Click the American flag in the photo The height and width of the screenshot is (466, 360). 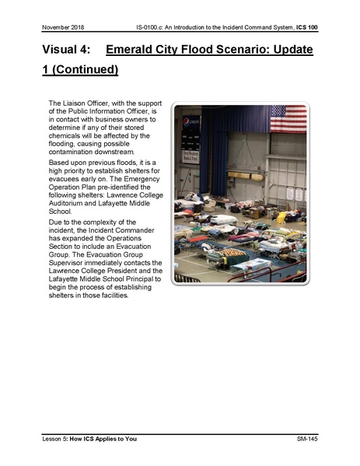tap(288, 119)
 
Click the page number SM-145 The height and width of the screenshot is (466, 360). tap(308, 440)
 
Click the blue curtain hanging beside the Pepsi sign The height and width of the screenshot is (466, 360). tap(225, 140)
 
